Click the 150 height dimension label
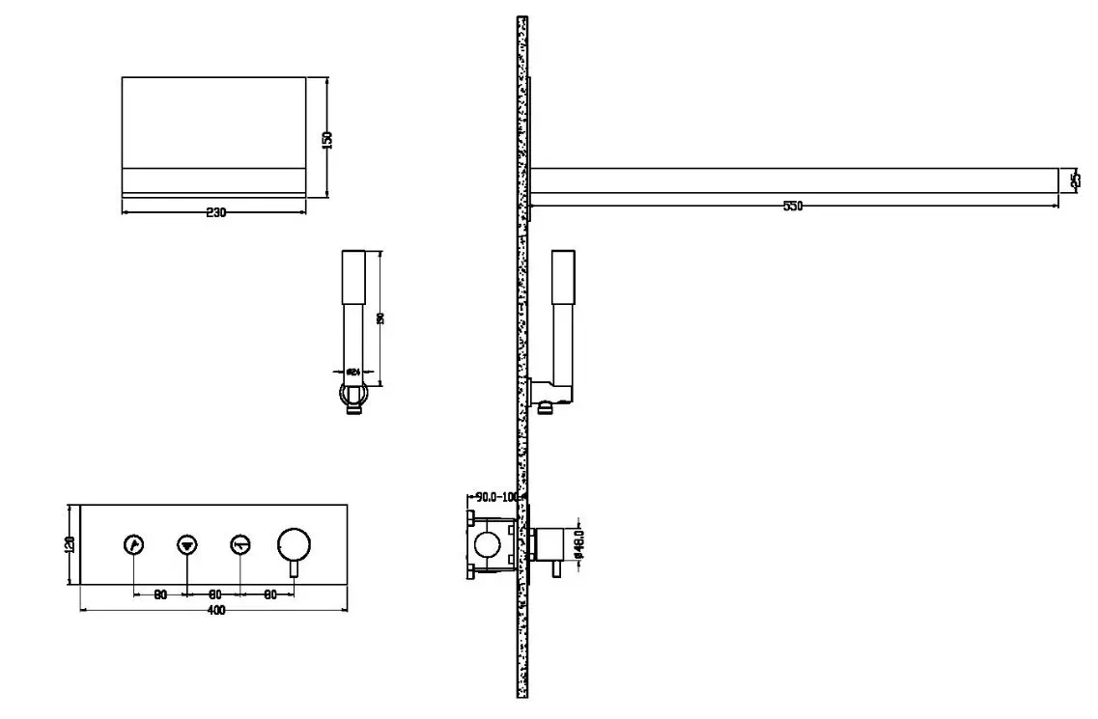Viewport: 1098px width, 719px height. tap(327, 138)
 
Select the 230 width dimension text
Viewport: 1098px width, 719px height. tap(216, 213)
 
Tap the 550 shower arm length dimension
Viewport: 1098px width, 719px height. tap(793, 206)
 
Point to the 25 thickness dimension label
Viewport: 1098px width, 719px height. tap(1076, 180)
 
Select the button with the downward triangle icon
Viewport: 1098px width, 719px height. tap(186, 545)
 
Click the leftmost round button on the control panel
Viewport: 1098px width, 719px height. tap(133, 545)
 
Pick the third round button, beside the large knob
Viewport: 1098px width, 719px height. tap(240, 545)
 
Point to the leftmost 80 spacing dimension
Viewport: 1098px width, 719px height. tap(160, 595)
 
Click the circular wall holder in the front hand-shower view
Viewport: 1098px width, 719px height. tap(352, 393)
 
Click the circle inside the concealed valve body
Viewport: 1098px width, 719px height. tap(490, 546)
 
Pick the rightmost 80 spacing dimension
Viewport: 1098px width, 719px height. tap(269, 595)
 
